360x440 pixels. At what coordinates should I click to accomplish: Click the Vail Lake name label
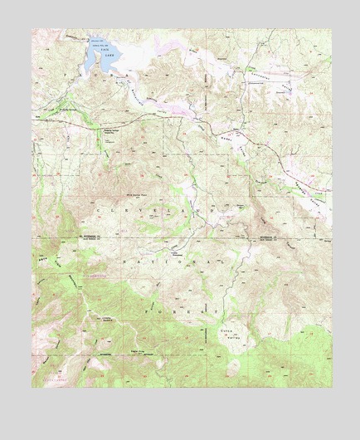[105, 51]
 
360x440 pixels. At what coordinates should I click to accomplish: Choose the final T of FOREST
[219, 313]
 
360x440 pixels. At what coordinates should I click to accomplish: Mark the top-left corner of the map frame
[32, 30]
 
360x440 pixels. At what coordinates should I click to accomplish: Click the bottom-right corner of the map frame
[330, 387]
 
